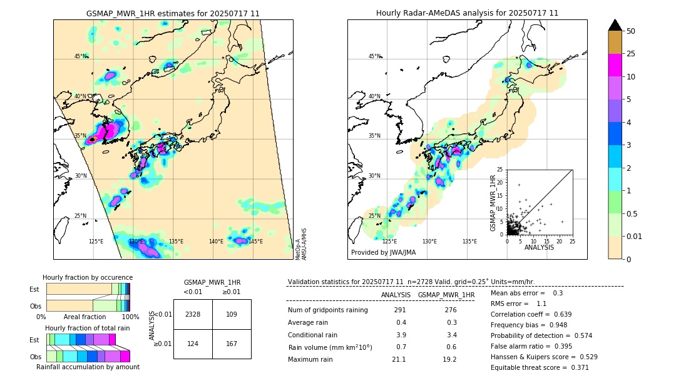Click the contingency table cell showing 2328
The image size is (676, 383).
click(x=193, y=314)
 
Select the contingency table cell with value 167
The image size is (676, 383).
click(x=232, y=344)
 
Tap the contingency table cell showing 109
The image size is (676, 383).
click(x=232, y=314)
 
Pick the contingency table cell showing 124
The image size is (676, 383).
click(x=193, y=344)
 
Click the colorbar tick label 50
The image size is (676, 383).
click(x=631, y=31)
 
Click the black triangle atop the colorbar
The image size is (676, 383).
click(x=615, y=25)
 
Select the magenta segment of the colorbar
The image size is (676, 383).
click(x=615, y=65)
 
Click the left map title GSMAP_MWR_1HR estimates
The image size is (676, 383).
click(x=173, y=13)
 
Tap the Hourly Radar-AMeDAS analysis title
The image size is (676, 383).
click(x=467, y=13)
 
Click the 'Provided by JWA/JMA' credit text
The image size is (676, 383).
click(x=383, y=252)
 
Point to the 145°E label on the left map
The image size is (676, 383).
click(x=255, y=242)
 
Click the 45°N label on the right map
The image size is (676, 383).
click(x=374, y=56)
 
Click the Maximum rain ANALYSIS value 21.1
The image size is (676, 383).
click(x=399, y=359)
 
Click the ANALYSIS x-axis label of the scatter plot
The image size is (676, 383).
click(x=539, y=247)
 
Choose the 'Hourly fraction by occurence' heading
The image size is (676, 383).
click(x=88, y=277)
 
